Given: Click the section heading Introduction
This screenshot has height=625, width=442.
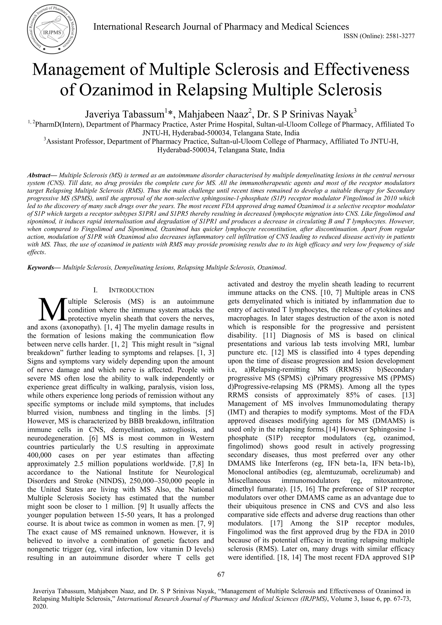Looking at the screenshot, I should point(131,290).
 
